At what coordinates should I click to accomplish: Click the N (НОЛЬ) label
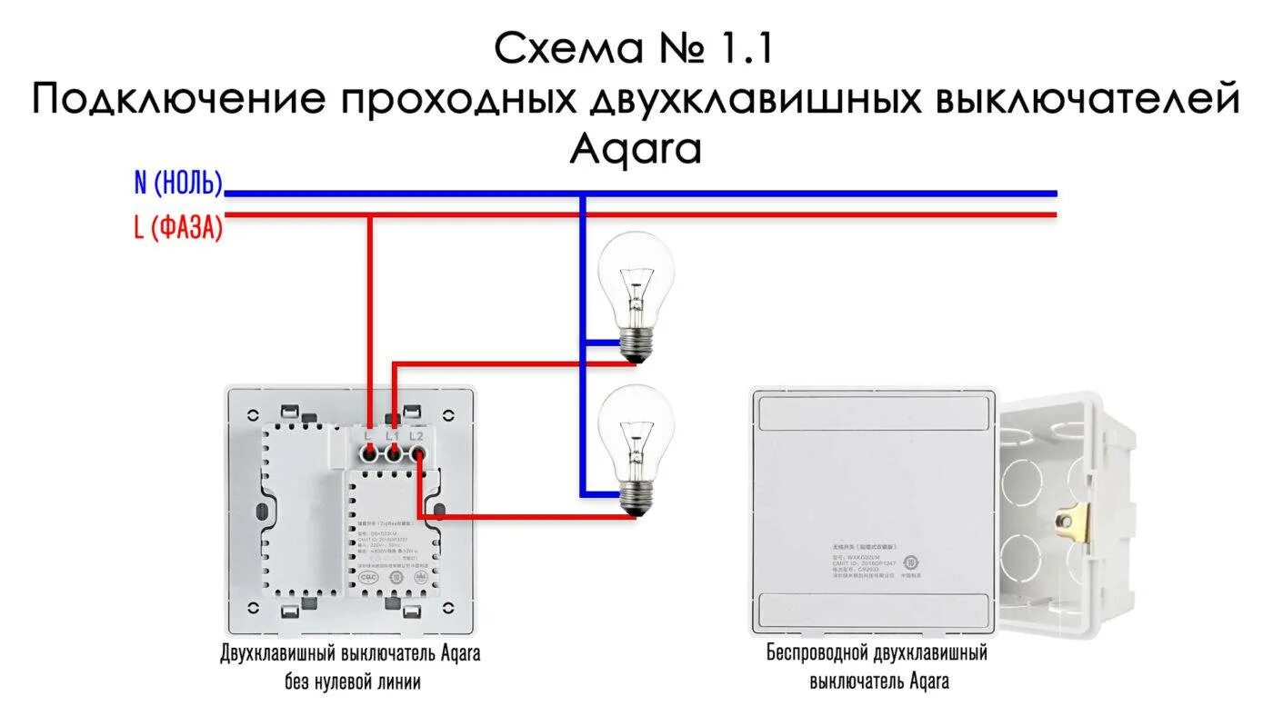(x=178, y=184)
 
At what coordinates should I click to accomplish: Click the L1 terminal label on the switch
(x=393, y=436)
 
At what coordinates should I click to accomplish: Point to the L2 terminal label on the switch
(x=416, y=436)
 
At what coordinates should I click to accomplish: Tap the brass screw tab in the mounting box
(x=1071, y=519)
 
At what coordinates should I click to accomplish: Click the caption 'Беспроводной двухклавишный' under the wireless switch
(x=877, y=653)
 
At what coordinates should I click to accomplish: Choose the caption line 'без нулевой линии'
(x=350, y=681)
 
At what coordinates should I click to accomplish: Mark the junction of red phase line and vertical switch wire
(x=370, y=215)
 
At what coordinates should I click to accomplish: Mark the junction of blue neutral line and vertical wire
(x=583, y=194)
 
